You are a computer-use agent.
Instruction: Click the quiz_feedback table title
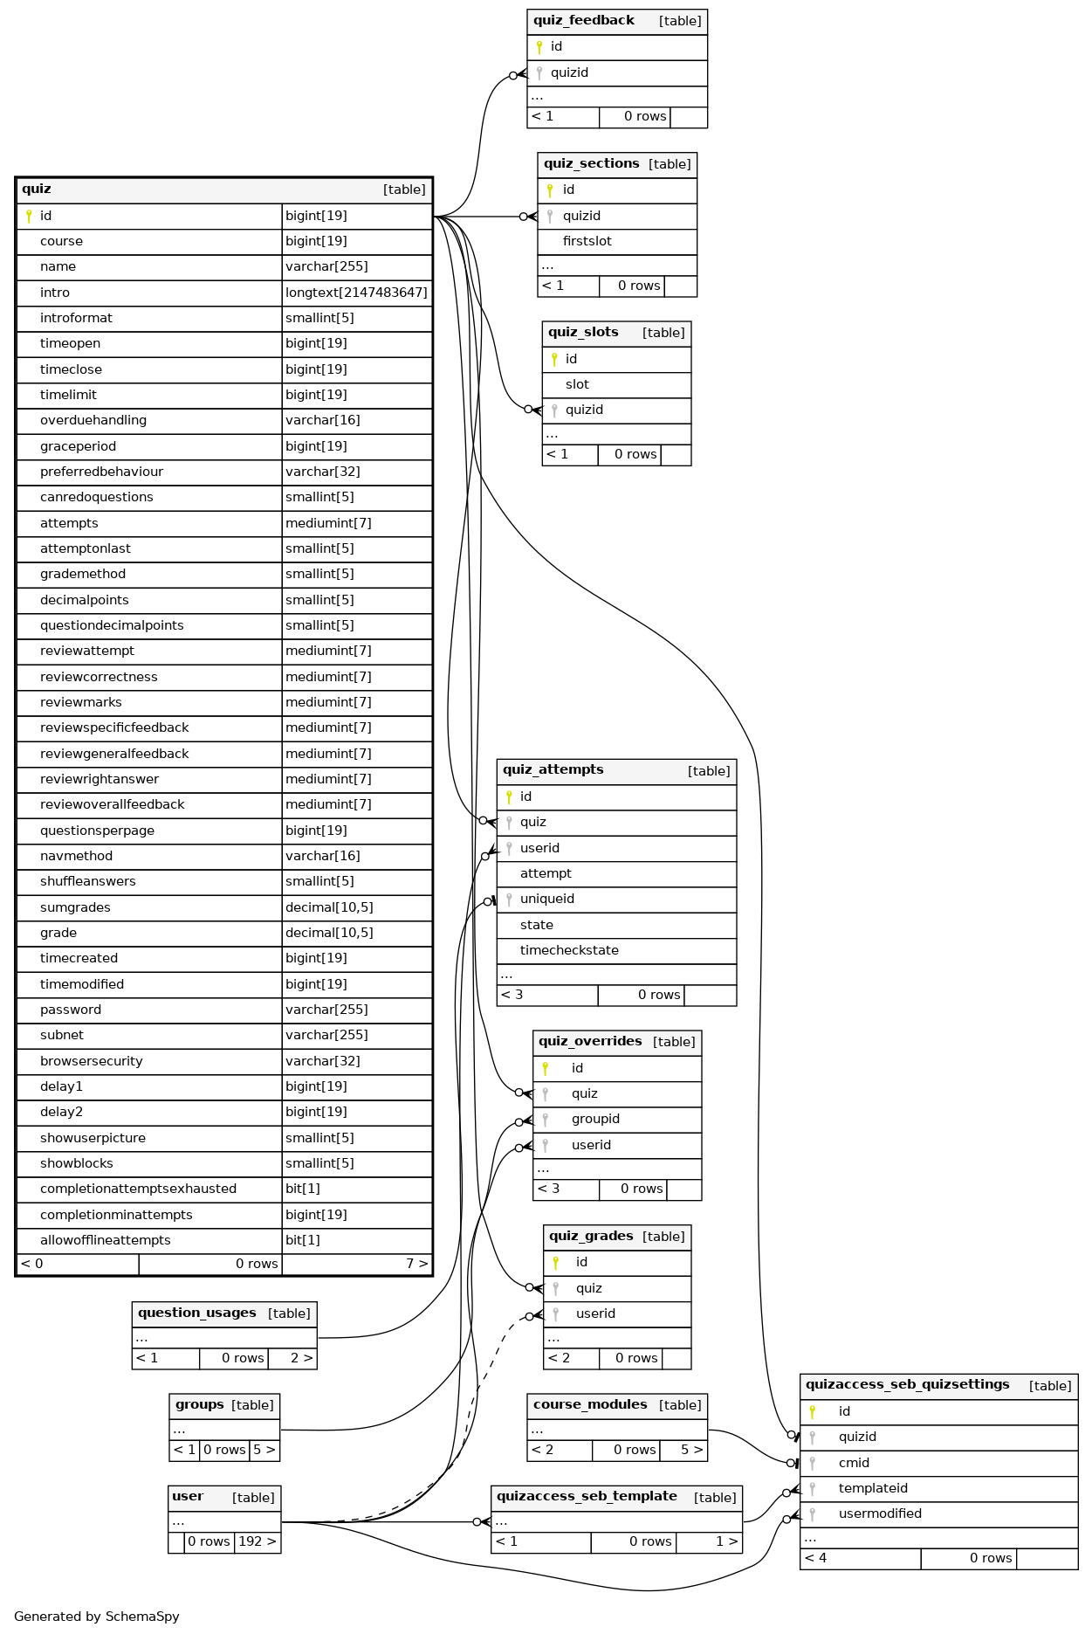click(x=583, y=21)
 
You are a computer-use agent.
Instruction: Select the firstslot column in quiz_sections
click(x=587, y=242)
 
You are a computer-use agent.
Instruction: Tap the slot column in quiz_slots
click(x=577, y=385)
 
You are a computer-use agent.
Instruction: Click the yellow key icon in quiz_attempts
click(x=509, y=796)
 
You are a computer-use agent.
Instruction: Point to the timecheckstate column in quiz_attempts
click(x=569, y=951)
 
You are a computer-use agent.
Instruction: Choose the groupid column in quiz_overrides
click(x=595, y=1120)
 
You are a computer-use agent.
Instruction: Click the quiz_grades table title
click(x=591, y=1237)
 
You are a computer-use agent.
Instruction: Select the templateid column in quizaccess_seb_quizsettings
click(x=873, y=1489)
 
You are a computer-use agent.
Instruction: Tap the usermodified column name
click(x=880, y=1514)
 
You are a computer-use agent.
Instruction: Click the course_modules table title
click(x=590, y=1405)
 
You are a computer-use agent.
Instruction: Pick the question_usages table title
click(x=196, y=1313)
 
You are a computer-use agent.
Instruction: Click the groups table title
click(x=199, y=1405)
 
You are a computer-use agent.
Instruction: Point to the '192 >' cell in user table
click(x=258, y=1542)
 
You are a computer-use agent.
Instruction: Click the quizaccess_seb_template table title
click(x=587, y=1497)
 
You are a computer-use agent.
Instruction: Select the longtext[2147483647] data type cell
click(x=356, y=293)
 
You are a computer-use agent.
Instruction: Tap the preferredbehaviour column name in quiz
click(x=101, y=472)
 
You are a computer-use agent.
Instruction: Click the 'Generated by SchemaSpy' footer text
click(x=97, y=1617)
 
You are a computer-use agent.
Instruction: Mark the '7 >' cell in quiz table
click(x=416, y=1265)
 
